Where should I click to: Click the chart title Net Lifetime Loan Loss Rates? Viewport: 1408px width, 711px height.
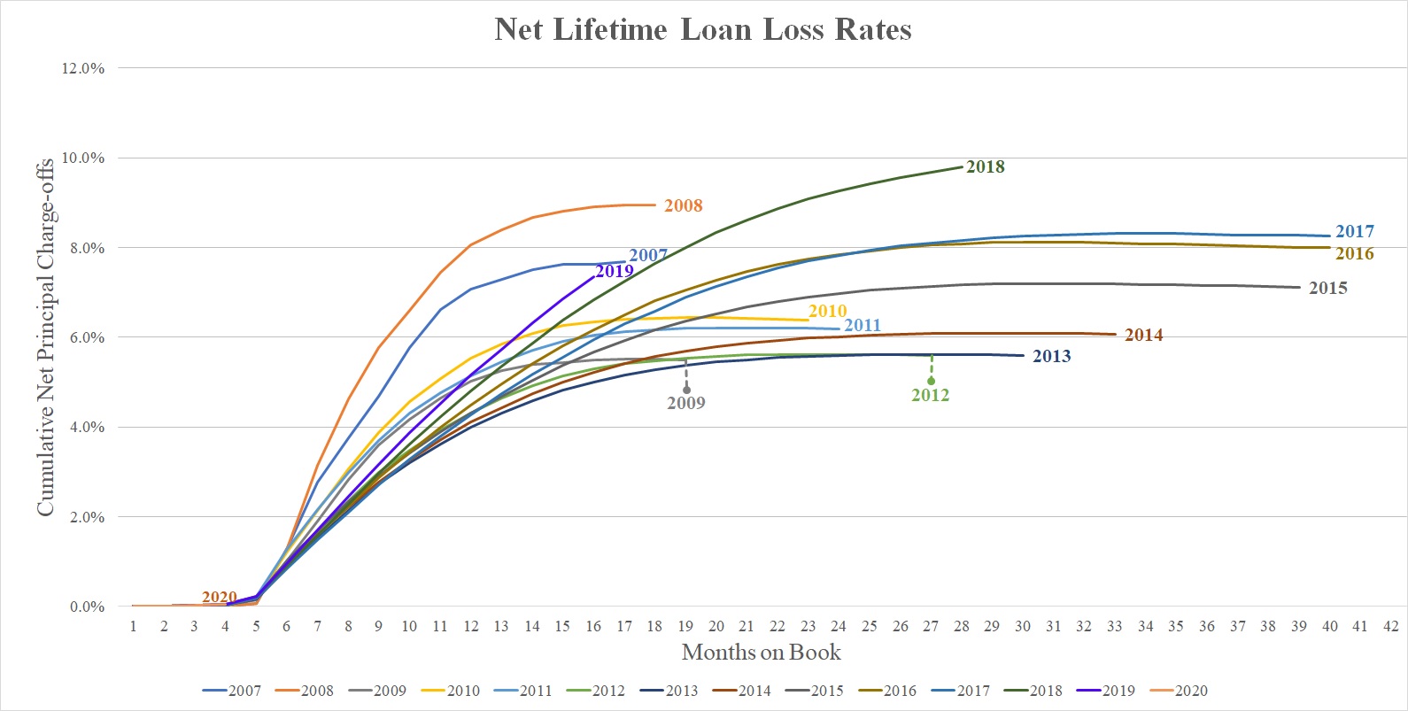[703, 30]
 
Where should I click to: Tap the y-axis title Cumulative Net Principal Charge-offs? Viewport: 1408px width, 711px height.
[45, 336]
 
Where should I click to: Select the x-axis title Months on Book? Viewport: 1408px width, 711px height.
[761, 653]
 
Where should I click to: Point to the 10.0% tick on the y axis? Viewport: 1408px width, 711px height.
[82, 158]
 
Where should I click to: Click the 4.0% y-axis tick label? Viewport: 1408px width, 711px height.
[82, 427]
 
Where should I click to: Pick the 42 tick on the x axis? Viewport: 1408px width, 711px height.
[1390, 626]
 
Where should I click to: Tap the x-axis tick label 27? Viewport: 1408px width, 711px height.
[931, 626]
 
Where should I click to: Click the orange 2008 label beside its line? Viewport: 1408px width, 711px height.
[683, 205]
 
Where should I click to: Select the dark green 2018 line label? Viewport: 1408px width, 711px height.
[985, 166]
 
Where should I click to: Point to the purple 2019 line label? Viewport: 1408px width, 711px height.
[614, 271]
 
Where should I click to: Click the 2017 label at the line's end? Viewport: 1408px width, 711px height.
[1354, 231]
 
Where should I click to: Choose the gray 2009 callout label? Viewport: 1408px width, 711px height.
[685, 403]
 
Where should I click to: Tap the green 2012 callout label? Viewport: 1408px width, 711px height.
[930, 395]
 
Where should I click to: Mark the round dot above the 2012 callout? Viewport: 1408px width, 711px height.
[932, 381]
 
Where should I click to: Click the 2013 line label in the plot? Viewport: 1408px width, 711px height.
[1051, 356]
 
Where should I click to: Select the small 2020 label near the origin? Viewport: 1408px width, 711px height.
[219, 597]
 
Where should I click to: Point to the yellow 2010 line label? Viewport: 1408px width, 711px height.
[827, 311]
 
